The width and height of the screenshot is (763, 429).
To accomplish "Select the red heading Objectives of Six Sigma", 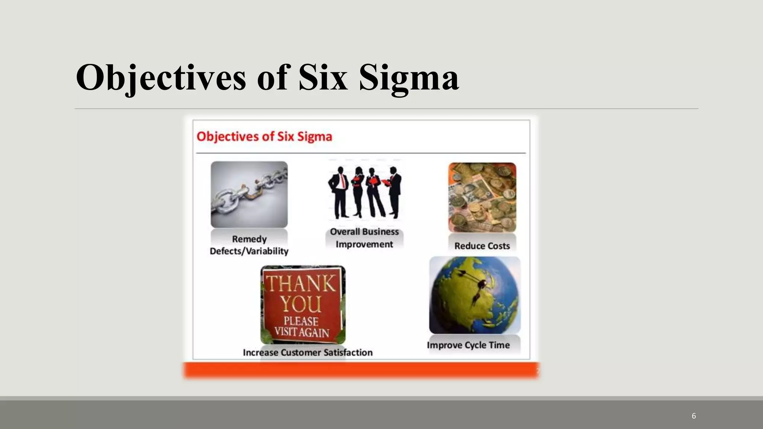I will click(264, 136).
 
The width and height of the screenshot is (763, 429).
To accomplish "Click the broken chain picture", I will click(249, 194).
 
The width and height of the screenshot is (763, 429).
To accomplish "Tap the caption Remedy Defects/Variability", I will click(249, 245).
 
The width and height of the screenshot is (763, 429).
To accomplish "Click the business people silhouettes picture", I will click(364, 192).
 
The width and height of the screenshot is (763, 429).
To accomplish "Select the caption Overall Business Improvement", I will click(364, 238).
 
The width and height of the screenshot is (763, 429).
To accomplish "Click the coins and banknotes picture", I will click(482, 197).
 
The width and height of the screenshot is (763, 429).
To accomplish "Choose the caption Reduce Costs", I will click(482, 246).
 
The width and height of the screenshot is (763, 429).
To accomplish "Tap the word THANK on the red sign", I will click(301, 284).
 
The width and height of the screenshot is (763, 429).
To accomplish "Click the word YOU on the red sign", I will click(301, 304).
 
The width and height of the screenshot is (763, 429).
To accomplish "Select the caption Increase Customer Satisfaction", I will click(308, 352).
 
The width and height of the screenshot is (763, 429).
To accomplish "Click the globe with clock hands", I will click(475, 295).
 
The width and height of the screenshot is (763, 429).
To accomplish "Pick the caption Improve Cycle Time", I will click(468, 345).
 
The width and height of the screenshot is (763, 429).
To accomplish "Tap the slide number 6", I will click(694, 416).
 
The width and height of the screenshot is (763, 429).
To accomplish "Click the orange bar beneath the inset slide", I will click(361, 371).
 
